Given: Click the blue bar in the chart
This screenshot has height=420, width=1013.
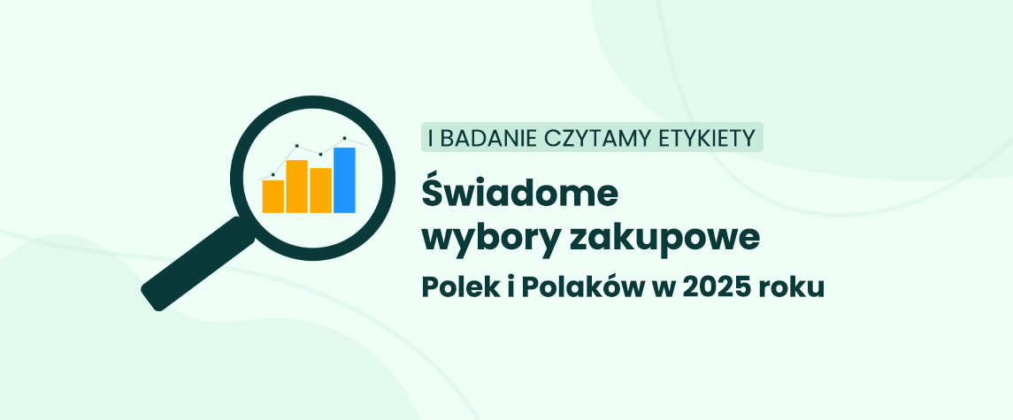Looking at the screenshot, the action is pos(344,180).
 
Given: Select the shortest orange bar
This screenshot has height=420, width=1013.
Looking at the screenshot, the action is pos(272,196).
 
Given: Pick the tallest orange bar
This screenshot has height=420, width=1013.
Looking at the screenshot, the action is pos(296,186).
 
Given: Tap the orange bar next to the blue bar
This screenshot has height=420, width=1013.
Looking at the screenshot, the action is pos(320,190).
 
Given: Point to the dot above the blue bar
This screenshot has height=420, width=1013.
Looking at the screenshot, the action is pos(344,138).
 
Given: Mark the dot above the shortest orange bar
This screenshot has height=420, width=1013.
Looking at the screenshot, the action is pos(272,174).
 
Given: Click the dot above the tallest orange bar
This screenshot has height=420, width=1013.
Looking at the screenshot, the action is pos(296,146).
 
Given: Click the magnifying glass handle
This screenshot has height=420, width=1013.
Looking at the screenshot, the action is pos(198,263).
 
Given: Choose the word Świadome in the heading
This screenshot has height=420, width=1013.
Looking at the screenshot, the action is pos(520,193).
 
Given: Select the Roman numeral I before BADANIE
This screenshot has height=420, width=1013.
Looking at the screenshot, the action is pos(431,138).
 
